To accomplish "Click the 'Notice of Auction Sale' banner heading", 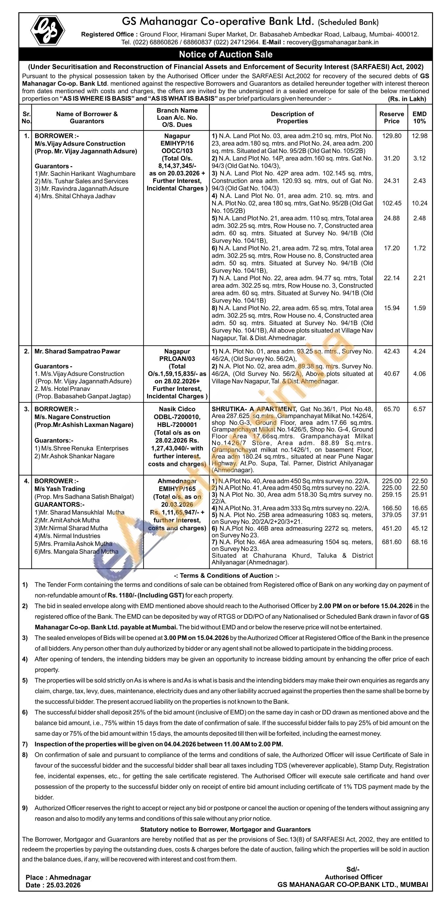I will (226, 54).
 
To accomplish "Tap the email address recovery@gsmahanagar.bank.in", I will (332, 42).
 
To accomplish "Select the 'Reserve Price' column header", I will (391, 118).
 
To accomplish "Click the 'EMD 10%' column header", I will (419, 118).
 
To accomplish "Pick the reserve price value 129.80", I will (391, 136).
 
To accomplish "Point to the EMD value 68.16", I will (419, 542).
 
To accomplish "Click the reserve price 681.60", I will (391, 542).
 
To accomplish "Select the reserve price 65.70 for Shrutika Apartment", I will (391, 409).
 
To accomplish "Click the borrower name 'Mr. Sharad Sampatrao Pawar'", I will (77, 351).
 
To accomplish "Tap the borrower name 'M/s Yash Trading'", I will (60, 489).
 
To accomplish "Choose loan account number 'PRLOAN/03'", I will (177, 359).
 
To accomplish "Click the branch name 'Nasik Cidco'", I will (177, 409).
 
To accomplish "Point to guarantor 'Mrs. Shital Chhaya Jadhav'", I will (75, 196).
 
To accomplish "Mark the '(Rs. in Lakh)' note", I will (407, 99).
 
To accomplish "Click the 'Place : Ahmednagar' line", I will (58, 877).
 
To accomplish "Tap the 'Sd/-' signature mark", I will (353, 870).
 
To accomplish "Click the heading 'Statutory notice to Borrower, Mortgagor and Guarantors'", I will (226, 830).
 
